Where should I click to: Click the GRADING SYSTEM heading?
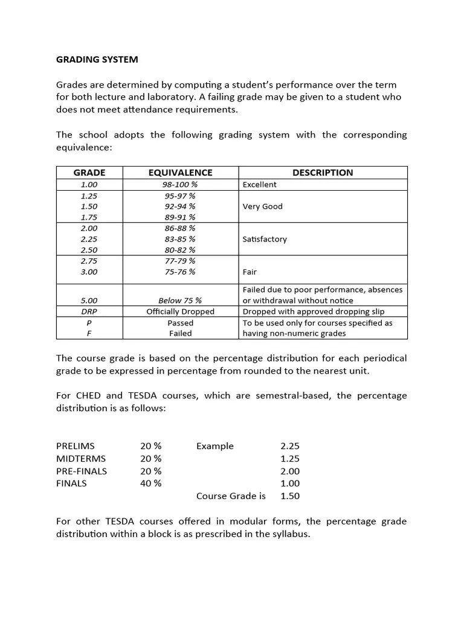(x=97, y=59)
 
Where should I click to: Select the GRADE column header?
(x=89, y=173)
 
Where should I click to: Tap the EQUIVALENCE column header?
(x=180, y=173)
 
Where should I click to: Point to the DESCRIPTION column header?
(x=323, y=173)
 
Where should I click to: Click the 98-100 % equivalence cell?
(x=179, y=185)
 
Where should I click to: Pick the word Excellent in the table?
(x=259, y=185)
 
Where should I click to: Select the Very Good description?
(x=262, y=206)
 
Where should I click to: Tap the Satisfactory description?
(x=265, y=239)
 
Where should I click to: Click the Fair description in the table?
(x=250, y=272)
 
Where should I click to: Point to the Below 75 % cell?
(x=180, y=301)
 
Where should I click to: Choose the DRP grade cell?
(x=89, y=311)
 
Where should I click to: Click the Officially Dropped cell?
(x=180, y=311)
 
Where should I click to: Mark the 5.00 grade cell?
(x=89, y=301)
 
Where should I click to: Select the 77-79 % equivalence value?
(x=179, y=261)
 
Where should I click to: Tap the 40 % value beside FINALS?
(x=151, y=483)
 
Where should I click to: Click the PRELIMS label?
(x=76, y=446)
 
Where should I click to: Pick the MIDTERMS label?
(x=81, y=459)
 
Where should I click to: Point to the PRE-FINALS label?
(x=82, y=471)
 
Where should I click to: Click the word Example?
(x=214, y=446)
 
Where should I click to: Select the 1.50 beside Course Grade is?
(x=290, y=496)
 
